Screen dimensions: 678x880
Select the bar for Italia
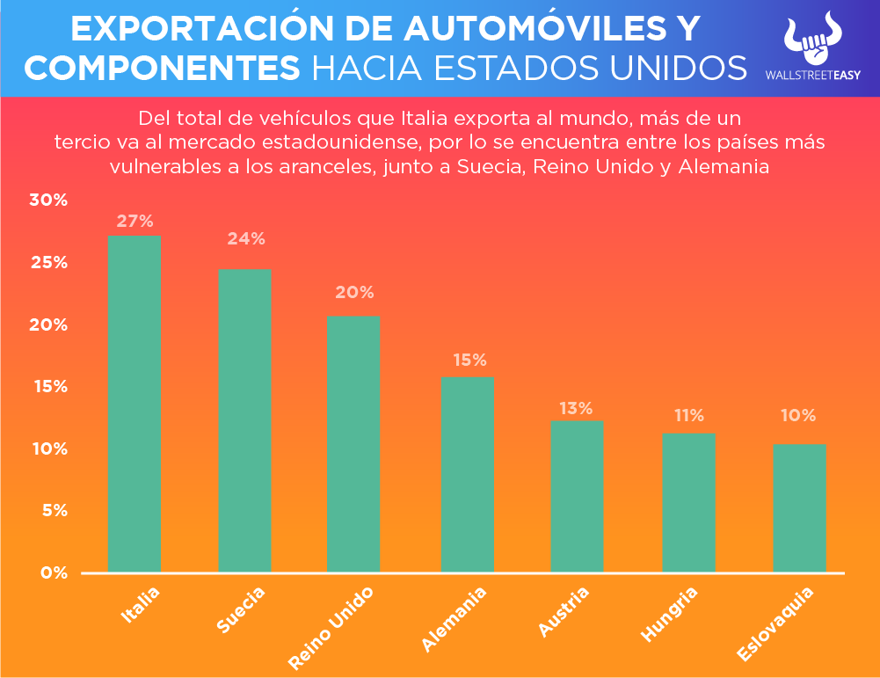coord(135,404)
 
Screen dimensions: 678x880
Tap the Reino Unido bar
coord(353,444)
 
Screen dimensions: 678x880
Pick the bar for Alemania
coord(467,475)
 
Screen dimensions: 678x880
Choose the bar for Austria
coord(577,497)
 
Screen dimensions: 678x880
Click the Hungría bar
coord(688,503)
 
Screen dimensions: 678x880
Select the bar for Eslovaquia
coord(799,508)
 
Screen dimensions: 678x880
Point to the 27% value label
coord(135,221)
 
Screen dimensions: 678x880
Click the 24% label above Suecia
coord(245,238)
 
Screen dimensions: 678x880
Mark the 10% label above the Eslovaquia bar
coord(798,415)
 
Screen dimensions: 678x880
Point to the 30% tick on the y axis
coord(47,200)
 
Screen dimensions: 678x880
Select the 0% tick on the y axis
coord(52,573)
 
